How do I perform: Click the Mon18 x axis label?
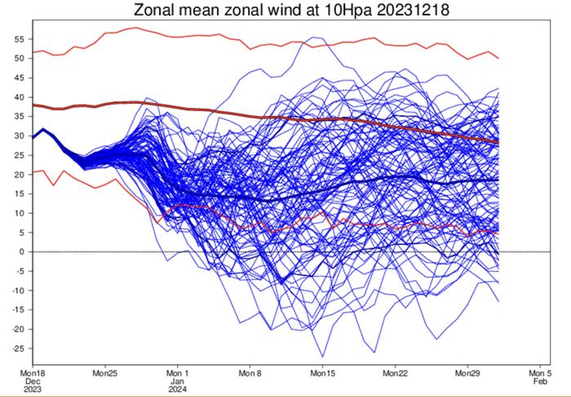point(33,372)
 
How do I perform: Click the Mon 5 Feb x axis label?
point(540,376)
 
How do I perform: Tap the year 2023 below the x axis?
point(33,390)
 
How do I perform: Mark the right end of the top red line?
point(498,58)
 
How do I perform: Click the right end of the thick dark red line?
point(498,142)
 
